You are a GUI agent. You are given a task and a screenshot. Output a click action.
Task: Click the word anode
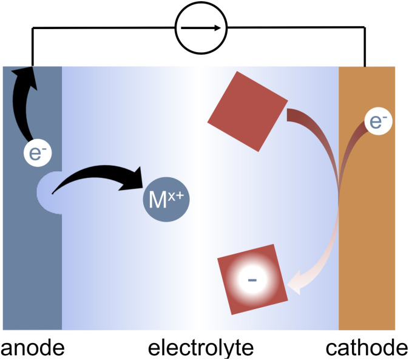[32, 348]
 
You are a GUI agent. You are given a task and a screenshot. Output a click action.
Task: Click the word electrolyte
[201, 348]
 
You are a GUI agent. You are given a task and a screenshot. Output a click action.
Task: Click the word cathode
[367, 348]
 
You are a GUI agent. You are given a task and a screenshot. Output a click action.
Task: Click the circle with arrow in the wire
[200, 28]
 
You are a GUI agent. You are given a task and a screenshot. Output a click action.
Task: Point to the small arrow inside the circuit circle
[201, 28]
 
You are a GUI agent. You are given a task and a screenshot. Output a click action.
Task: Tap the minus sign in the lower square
[252, 280]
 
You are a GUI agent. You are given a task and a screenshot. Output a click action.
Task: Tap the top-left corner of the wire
[32, 28]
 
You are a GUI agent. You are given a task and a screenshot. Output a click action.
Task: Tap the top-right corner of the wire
[365, 28]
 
